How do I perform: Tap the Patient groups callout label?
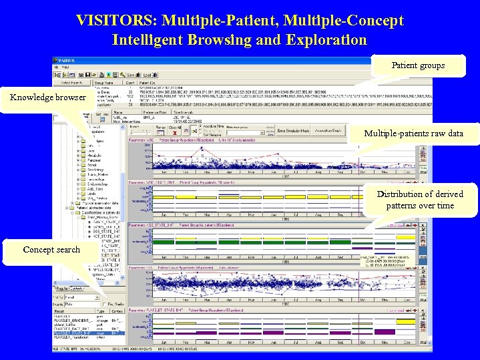[418, 65]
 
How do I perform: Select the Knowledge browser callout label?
[48, 98]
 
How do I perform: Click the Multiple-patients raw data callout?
[413, 134]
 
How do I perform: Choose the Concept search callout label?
[51, 249]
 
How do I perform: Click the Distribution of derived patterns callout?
[419, 199]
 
